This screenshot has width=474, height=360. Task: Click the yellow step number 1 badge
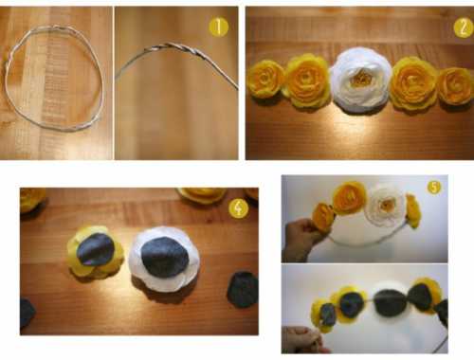tap(219, 27)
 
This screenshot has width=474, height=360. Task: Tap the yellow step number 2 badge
tap(464, 27)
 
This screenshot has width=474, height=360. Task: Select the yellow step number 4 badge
tap(239, 208)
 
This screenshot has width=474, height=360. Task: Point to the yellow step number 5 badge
tap(434, 188)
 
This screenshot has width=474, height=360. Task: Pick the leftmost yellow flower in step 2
tap(266, 79)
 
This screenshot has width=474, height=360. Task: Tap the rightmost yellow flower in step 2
tap(455, 86)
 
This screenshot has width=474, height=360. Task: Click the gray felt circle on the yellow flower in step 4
tap(96, 249)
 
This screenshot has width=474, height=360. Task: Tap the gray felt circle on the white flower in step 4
tap(164, 257)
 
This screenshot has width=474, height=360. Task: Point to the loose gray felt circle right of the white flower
tap(243, 290)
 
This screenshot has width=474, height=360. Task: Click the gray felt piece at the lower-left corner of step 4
tap(27, 314)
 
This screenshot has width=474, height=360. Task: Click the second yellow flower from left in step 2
tap(308, 81)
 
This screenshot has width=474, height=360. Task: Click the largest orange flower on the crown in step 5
tap(350, 197)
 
